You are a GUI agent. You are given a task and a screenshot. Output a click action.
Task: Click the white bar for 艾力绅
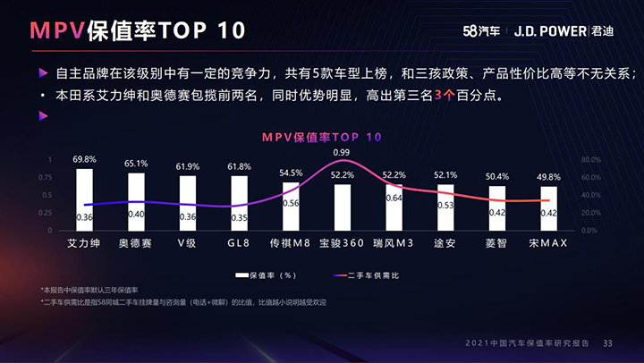point(85,199)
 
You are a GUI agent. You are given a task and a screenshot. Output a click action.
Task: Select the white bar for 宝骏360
point(342,207)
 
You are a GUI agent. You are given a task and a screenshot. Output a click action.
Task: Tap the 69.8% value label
point(85,159)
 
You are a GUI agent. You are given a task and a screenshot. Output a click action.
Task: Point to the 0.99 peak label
point(342,153)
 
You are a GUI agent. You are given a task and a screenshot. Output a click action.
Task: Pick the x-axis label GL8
point(239,243)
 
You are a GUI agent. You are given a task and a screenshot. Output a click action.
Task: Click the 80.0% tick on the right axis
point(591,159)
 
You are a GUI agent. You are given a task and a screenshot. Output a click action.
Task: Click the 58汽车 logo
point(466,30)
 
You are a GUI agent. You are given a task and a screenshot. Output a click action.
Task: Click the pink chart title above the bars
point(321,137)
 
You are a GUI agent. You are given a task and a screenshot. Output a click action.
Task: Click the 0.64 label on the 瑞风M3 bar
point(394,198)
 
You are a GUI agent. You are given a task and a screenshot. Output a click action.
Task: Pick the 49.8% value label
point(548,177)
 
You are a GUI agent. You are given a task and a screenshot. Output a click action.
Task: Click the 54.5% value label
point(291,173)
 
